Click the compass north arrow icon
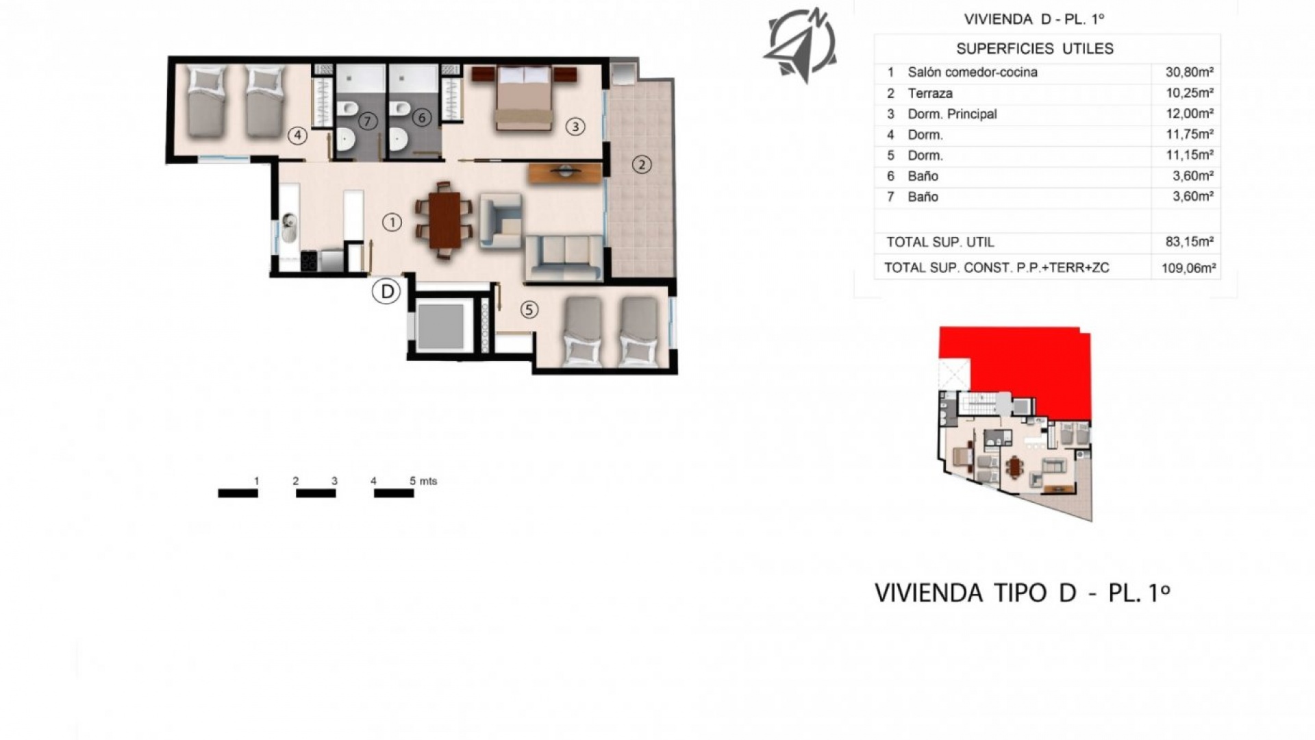pos(799,45)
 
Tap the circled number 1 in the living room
pos(392,222)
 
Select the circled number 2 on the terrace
pos(641,164)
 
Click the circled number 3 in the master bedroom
pos(575,126)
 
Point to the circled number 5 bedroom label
pos(529,310)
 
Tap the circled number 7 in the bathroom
pos(368,121)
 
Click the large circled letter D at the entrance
pos(386,292)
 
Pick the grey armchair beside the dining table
pos(501,220)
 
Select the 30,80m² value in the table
pos(1189,72)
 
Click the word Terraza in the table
pos(929,93)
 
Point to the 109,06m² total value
pos(1188,268)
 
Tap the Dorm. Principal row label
pos(951,114)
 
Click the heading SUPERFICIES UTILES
pos(1034,49)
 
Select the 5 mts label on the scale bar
pos(423,481)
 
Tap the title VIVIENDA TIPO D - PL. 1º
pos(1022,593)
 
